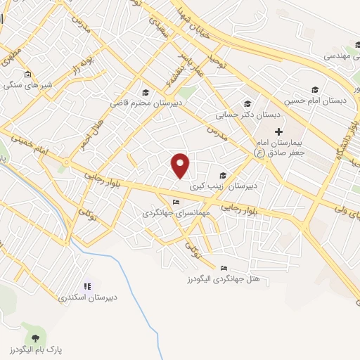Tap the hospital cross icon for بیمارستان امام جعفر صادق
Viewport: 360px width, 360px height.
pos(278,131)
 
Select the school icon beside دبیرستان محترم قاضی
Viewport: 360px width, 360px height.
pos(146,92)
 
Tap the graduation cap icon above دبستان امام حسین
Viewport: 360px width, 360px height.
pos(315,89)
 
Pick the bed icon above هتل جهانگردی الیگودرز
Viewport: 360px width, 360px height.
pos(224,268)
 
